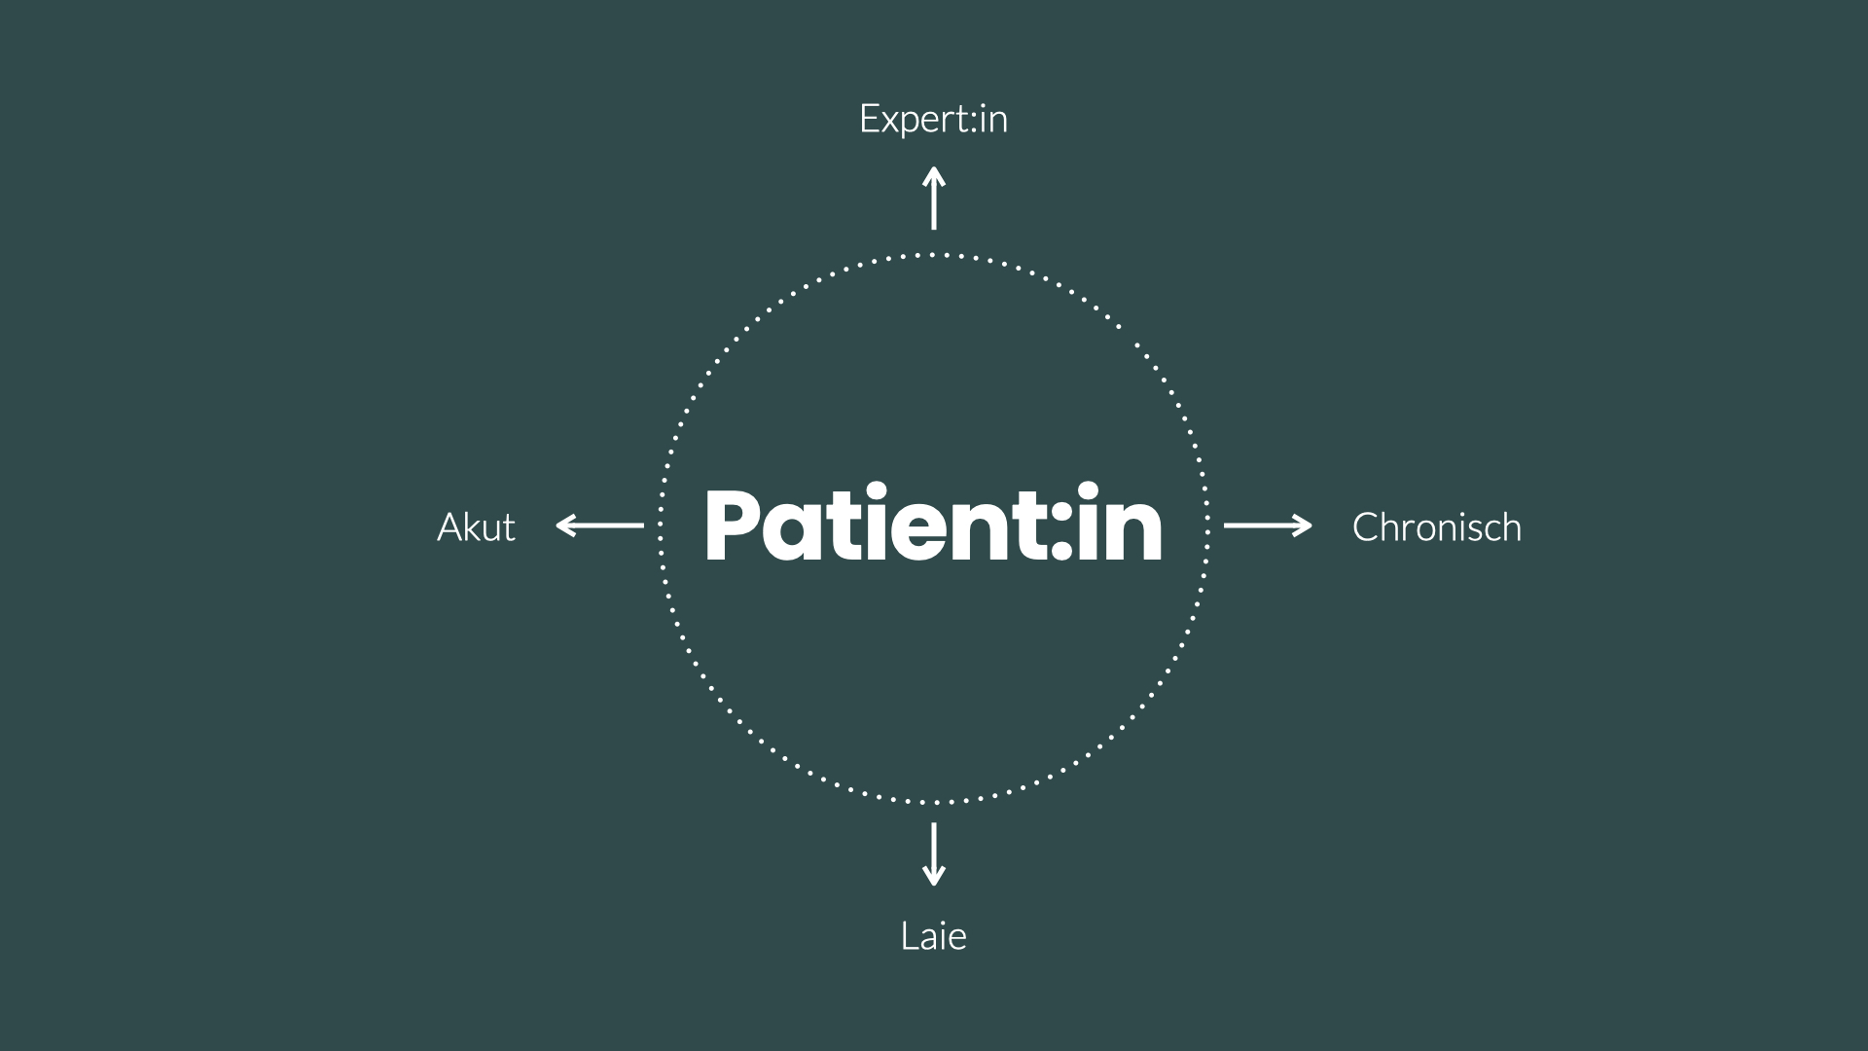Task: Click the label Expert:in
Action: pyautogui.click(x=933, y=119)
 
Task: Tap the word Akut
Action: pyautogui.click(x=476, y=526)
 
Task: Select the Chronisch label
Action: pyautogui.click(x=1436, y=526)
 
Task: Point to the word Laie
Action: pyautogui.click(x=933, y=936)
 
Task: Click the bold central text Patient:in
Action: pyautogui.click(x=933, y=525)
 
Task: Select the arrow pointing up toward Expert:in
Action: pyautogui.click(x=934, y=199)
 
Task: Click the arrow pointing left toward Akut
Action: pyautogui.click(x=599, y=525)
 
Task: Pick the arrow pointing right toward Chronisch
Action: pyautogui.click(x=1268, y=525)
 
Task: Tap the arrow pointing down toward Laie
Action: pyautogui.click(x=934, y=853)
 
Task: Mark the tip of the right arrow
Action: pyautogui.click(x=1310, y=525)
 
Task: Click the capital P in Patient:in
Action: pyautogui.click(x=735, y=525)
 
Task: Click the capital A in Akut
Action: pyautogui.click(x=449, y=526)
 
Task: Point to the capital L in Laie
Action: pyautogui.click(x=909, y=936)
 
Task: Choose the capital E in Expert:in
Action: pyautogui.click(x=870, y=119)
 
